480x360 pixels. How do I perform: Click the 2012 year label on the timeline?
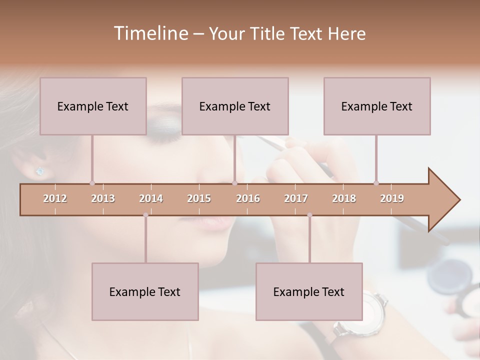[55, 198]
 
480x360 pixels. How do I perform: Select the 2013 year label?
[103, 198]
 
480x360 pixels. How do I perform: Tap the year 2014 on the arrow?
[151, 198]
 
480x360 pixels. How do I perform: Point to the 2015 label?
[199, 198]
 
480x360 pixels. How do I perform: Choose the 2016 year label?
[248, 198]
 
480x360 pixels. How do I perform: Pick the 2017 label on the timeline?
[296, 198]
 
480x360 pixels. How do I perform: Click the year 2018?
[344, 198]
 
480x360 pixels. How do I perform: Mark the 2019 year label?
[392, 198]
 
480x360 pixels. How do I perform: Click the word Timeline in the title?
[150, 33]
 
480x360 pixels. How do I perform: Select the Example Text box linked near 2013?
[93, 106]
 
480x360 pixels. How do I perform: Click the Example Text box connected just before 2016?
[235, 106]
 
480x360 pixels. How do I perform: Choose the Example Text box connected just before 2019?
[377, 106]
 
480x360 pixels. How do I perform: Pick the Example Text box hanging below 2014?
[145, 291]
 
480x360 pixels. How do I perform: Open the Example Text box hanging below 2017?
[309, 291]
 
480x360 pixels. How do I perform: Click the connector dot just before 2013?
[92, 183]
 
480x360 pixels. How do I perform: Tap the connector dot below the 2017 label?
[309, 215]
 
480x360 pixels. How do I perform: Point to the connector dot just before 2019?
[376, 183]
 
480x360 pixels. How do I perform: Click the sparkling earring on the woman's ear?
[40, 171]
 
